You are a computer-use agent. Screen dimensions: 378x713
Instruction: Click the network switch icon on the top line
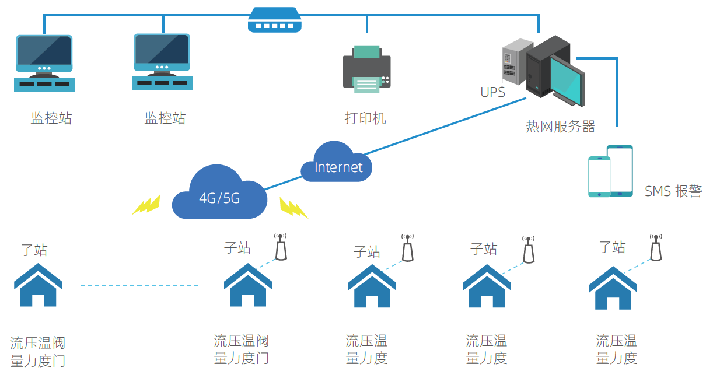274,20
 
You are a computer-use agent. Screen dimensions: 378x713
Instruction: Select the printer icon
366,69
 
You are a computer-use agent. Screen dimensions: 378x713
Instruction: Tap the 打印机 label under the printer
365,118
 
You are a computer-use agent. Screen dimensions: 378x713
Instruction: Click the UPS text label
492,92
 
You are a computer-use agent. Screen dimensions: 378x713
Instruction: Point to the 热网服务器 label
560,127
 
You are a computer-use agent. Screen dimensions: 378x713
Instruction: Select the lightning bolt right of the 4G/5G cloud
293,208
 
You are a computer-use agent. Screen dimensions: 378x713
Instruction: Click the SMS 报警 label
673,191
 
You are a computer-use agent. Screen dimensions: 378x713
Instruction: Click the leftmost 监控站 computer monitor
44,54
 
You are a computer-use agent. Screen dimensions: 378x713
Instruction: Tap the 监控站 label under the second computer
165,118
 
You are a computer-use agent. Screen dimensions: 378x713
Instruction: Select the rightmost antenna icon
656,248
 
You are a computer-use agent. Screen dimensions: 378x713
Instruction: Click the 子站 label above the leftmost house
34,250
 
